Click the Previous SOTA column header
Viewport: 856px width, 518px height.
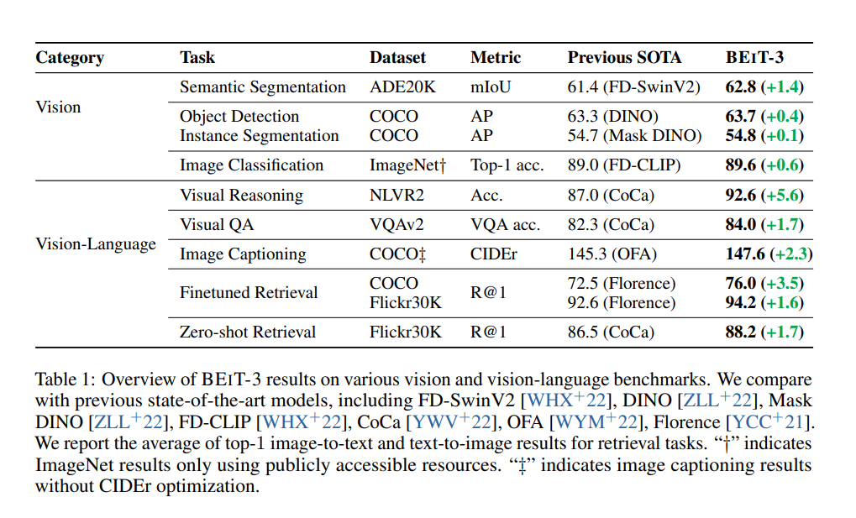click(624, 57)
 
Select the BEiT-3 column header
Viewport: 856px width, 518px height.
click(754, 57)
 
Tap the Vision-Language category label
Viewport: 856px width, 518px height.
click(96, 244)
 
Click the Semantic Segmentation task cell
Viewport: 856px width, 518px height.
click(263, 87)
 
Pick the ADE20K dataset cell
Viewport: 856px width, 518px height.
click(402, 87)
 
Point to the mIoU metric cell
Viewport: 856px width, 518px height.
click(491, 87)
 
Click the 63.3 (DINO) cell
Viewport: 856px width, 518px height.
click(612, 116)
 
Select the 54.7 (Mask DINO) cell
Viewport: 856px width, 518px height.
click(634, 135)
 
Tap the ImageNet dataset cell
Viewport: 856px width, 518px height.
click(407, 165)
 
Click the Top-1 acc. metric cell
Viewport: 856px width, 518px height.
click(507, 165)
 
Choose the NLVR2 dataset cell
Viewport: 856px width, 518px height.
click(396, 195)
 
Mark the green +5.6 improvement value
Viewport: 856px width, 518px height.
click(782, 195)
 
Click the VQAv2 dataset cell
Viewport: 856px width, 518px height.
click(396, 224)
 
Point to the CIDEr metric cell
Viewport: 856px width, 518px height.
click(493, 254)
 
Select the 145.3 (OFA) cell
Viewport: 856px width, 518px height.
click(612, 254)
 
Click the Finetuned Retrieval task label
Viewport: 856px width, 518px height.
click(249, 292)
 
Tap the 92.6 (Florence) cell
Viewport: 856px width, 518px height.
click(622, 302)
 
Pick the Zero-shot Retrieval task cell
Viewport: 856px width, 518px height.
click(248, 332)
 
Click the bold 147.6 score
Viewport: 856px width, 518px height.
click(745, 254)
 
